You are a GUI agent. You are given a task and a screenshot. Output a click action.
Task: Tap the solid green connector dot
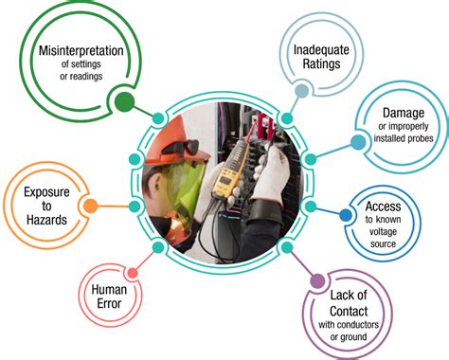[121, 100]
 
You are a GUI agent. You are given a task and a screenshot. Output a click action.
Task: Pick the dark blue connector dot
[345, 216]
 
